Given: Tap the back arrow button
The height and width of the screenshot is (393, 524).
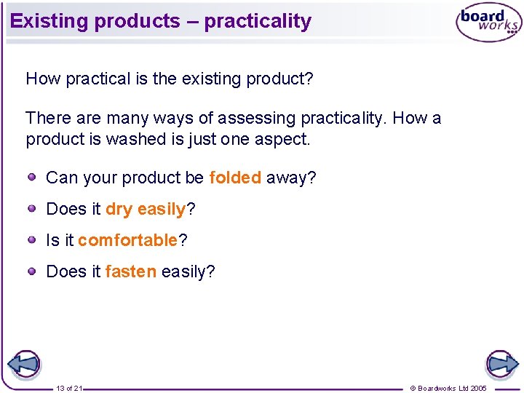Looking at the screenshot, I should tap(23, 364).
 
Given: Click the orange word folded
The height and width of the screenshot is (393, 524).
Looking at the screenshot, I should tap(234, 178).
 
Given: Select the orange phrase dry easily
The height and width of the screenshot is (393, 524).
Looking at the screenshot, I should tap(146, 210).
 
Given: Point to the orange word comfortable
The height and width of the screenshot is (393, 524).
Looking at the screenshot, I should tap(127, 240).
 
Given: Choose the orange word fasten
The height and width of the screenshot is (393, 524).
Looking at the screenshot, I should tap(130, 272).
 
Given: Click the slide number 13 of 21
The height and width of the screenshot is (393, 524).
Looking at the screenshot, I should tap(69, 388).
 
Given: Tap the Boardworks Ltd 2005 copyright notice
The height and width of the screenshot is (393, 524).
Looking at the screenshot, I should tap(448, 388).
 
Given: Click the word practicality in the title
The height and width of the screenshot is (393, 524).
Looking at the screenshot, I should tap(258, 21).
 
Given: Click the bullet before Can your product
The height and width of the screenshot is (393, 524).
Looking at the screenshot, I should tap(33, 177).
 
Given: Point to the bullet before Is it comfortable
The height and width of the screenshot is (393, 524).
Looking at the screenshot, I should tap(33, 239).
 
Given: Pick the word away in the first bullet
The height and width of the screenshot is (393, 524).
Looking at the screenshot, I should tap(287, 178).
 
